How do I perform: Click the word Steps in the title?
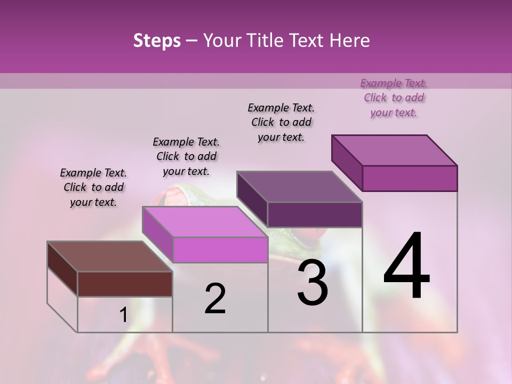click(x=156, y=41)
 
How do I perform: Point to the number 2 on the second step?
click(x=215, y=299)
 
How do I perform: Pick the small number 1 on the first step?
click(x=123, y=315)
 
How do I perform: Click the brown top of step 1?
click(x=109, y=257)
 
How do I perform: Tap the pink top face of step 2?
click(x=204, y=221)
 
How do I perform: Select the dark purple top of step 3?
click(x=299, y=187)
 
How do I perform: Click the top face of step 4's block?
click(x=394, y=150)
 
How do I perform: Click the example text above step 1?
click(x=93, y=187)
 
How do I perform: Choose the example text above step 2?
click(x=186, y=156)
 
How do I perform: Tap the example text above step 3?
click(x=281, y=122)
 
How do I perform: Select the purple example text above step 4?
click(x=394, y=98)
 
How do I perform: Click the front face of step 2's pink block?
click(x=220, y=250)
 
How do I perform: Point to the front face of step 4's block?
click(x=410, y=178)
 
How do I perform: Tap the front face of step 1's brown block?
click(x=125, y=284)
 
